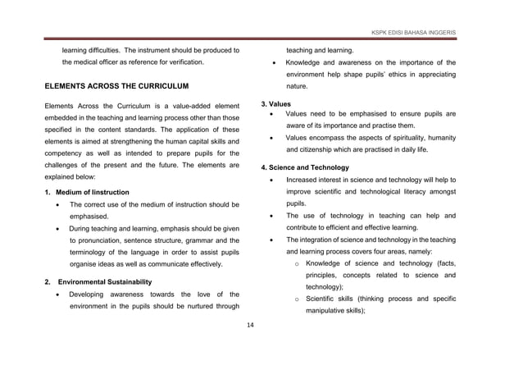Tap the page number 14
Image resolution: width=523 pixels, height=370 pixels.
tap(251, 326)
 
